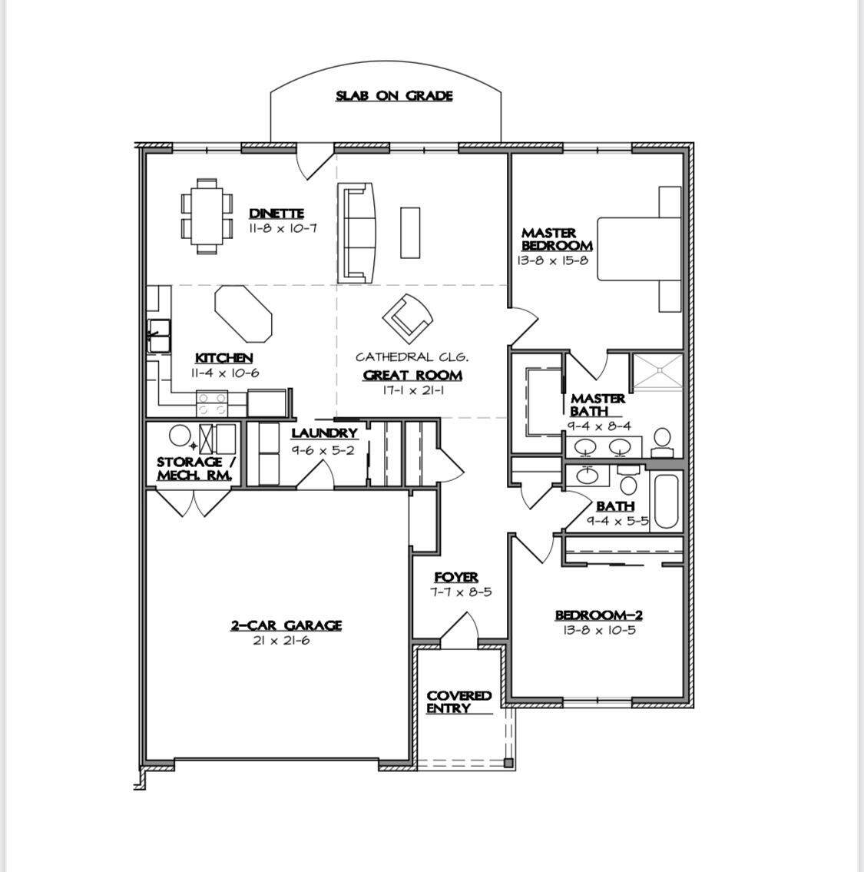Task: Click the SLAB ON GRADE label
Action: click(x=394, y=96)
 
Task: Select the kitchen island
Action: click(x=243, y=314)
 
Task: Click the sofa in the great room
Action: click(x=356, y=233)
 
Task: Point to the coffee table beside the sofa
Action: click(x=410, y=233)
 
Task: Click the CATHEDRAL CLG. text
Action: click(x=412, y=356)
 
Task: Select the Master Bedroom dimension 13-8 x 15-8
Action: click(x=552, y=260)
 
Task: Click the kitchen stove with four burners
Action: click(x=213, y=404)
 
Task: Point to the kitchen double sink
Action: click(x=159, y=335)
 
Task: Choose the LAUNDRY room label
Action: click(x=324, y=433)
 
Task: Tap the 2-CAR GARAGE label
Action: click(x=286, y=625)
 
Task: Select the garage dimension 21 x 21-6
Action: click(x=281, y=641)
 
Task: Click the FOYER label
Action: click(x=456, y=578)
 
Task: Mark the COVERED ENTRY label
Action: click(x=458, y=702)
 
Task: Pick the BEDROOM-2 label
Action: click(x=599, y=615)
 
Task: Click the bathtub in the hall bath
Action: click(x=666, y=500)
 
